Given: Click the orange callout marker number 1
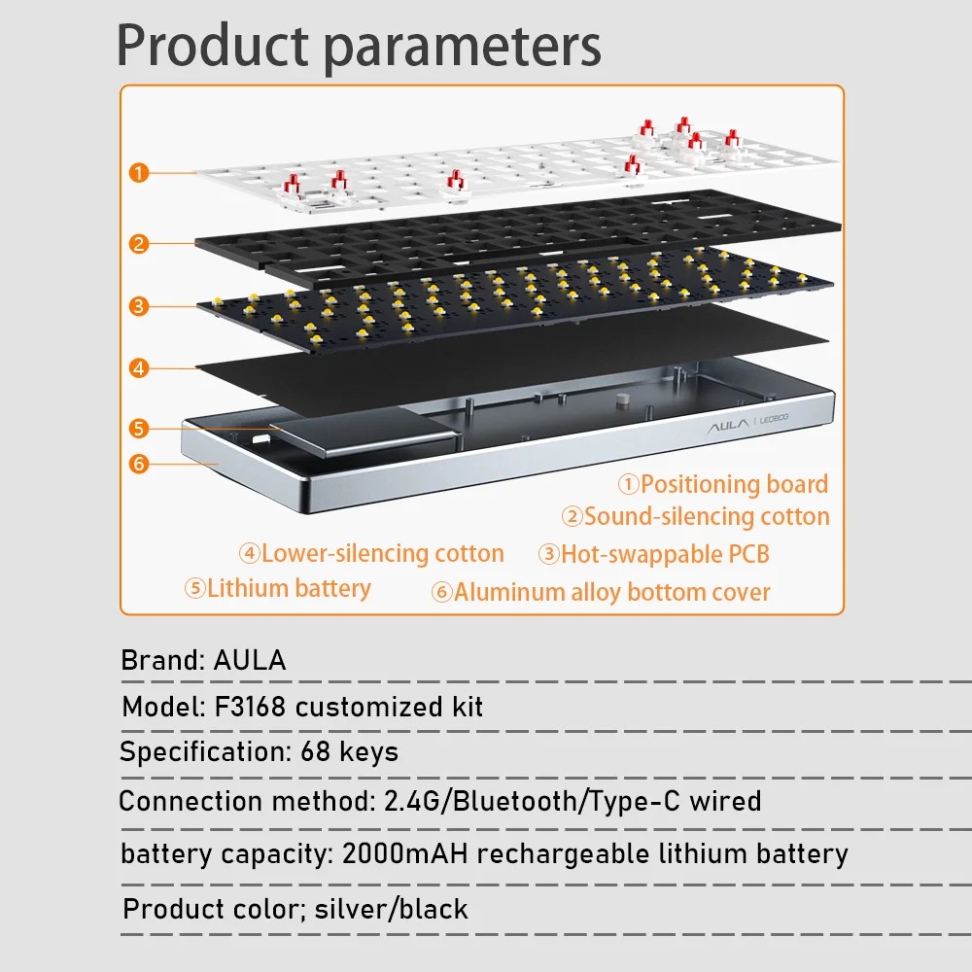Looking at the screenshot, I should coord(139,173).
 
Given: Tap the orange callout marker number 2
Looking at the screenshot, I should coord(139,244).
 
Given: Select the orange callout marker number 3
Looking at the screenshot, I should coord(139,306).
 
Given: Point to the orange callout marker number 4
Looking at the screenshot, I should coord(139,368).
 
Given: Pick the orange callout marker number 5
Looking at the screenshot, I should coord(139,428).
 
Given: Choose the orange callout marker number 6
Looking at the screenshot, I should coord(139,464).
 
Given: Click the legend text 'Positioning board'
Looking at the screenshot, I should coord(734,484).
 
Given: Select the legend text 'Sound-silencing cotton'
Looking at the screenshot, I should coord(707,517).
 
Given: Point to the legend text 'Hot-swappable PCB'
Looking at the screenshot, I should coord(665,554).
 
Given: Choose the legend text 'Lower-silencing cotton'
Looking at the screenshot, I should coord(382,554).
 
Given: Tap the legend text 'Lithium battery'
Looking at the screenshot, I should coord(289,588).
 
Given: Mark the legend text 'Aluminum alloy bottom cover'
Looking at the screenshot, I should coord(611,592).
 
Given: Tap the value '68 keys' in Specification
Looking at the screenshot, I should coord(350,751).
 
